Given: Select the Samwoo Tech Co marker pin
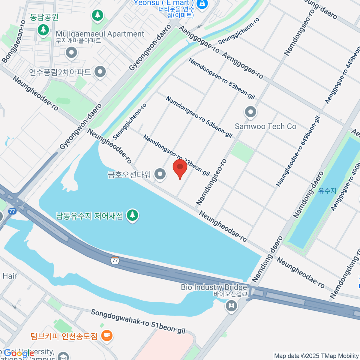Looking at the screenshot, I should click(250, 112).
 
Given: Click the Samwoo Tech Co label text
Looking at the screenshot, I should click(265, 126).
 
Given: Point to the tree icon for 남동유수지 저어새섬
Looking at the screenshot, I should click(132, 215).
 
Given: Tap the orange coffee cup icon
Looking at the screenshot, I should click(107, 335).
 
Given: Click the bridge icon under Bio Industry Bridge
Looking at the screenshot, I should click(231, 306).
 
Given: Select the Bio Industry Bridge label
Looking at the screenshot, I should click(214, 287).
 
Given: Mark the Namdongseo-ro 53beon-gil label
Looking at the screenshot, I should click(199, 117).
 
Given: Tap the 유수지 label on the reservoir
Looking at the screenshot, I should click(327, 190).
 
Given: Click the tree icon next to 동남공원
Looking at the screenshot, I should click(43, 29).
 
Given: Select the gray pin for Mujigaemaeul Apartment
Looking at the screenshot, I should click(71, 53).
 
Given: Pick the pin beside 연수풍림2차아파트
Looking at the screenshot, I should click(100, 72).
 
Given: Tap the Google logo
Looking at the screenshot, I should click(19, 353).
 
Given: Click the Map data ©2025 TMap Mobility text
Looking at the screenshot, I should click(316, 356).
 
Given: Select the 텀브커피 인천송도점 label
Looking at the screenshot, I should click(64, 336).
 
